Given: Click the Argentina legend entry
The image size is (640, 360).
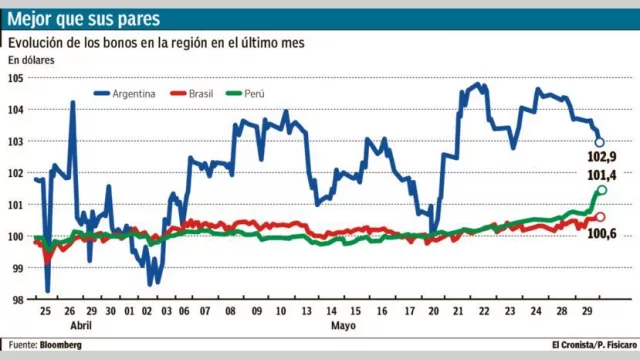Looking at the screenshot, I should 125,94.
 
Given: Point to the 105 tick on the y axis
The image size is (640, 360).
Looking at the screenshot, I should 16,78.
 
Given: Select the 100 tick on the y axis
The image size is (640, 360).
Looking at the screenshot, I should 16,237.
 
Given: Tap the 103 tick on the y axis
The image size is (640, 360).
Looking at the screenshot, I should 16,141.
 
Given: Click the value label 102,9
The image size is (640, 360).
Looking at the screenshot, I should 601,158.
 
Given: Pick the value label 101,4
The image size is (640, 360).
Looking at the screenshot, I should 601,176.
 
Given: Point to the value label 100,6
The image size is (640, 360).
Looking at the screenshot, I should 601,233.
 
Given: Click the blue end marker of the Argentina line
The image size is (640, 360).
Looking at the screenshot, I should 600,143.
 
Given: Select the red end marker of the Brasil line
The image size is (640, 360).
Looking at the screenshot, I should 600,217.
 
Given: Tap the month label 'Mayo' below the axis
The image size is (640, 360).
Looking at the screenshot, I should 342,326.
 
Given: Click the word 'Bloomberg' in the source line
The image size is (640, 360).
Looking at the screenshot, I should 61,345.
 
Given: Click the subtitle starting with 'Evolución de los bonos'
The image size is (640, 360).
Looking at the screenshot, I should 156,43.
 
